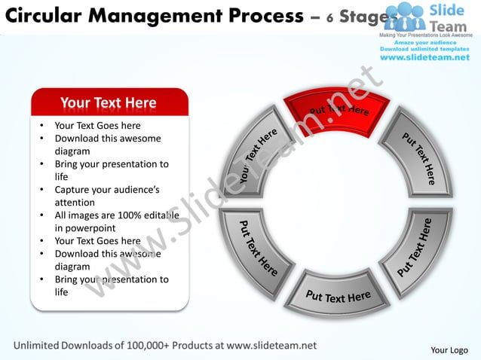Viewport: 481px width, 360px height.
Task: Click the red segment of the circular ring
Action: (336, 113)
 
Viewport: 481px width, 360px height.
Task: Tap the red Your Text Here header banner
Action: (109, 102)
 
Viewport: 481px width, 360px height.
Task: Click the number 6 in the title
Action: (329, 17)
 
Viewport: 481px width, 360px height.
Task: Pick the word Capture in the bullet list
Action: (73, 190)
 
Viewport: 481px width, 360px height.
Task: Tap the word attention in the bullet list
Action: (75, 203)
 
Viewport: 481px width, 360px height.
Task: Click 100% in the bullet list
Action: (131, 215)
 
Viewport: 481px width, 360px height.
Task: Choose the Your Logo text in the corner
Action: (449, 350)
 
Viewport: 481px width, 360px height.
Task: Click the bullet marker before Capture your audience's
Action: (41, 190)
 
